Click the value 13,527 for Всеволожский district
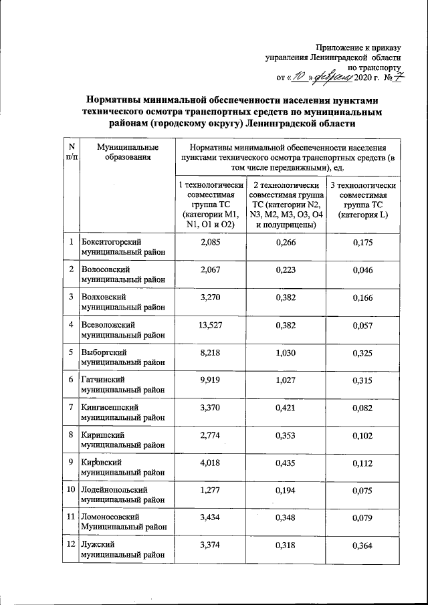click(210, 326)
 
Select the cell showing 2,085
click(210, 241)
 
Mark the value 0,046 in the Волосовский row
click(364, 269)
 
